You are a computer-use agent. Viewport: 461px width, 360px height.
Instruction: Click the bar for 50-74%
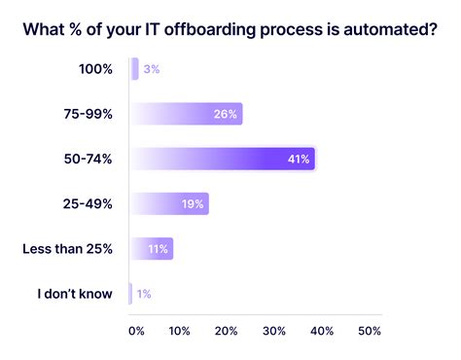223,159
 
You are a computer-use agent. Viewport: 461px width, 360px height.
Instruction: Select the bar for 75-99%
186,114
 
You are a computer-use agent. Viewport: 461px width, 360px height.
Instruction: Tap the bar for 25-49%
169,203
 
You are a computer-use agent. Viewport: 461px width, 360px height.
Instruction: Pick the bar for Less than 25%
152,248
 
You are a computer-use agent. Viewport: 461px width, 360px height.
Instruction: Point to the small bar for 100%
135,69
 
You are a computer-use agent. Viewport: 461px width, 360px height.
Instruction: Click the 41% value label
299,159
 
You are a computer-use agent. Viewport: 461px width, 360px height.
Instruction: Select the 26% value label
226,114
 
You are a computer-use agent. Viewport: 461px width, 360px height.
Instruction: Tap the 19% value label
193,203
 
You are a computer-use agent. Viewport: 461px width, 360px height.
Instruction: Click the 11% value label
158,248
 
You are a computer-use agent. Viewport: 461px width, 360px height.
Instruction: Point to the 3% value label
153,69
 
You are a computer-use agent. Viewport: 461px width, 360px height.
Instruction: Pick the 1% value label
144,293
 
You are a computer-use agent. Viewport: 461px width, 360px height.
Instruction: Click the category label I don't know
75,293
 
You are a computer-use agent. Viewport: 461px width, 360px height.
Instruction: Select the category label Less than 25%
67,248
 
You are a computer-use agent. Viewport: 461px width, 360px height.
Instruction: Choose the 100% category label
94,69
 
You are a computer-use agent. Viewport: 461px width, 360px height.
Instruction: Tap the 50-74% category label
89,159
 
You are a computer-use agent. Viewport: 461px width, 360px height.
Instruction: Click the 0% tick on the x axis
136,331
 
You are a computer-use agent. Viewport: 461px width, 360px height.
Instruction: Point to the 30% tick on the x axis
275,331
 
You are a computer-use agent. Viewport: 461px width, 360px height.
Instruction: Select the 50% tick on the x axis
370,331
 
